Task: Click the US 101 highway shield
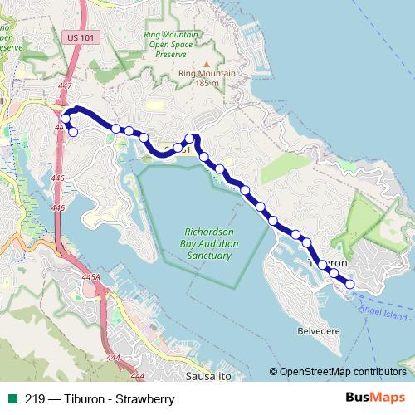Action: click(77, 37)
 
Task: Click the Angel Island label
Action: click(384, 316)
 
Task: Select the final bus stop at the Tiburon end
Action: click(349, 284)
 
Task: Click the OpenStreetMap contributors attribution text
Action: click(343, 372)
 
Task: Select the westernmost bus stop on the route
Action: click(66, 119)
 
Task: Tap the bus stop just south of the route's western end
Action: click(72, 132)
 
